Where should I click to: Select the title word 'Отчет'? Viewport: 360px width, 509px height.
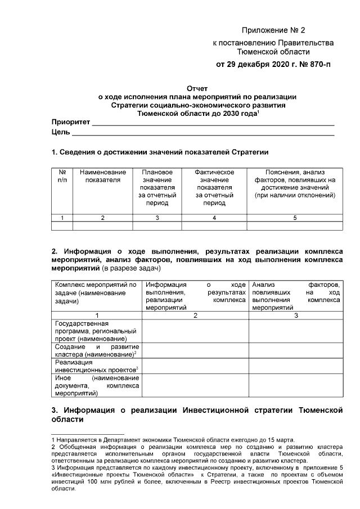tap(197, 88)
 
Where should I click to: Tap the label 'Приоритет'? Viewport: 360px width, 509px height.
tap(71, 122)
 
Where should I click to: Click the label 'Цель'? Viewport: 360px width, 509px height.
tap(61, 132)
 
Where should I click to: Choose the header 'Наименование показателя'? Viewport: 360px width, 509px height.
tap(102, 175)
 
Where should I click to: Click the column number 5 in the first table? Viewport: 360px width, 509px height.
tap(295, 217)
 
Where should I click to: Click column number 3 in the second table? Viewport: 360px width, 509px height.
tap(296, 316)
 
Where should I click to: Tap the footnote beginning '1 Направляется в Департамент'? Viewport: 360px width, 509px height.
tap(173, 439)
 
